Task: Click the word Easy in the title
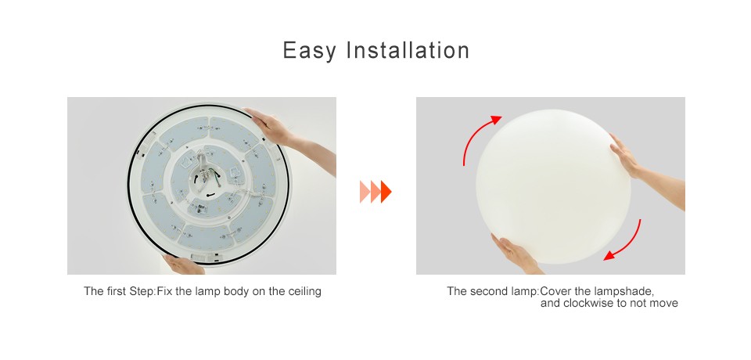tap(310, 51)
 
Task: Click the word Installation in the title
tap(408, 50)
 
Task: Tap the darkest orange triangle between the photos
tap(386, 192)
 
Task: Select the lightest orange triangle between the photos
tap(364, 192)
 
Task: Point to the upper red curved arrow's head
tap(496, 120)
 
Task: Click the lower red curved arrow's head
tap(609, 256)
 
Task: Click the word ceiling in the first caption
tap(304, 291)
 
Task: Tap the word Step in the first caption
tap(142, 291)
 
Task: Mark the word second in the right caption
tap(486, 291)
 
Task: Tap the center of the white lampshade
tap(553, 186)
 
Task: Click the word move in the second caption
tap(664, 304)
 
